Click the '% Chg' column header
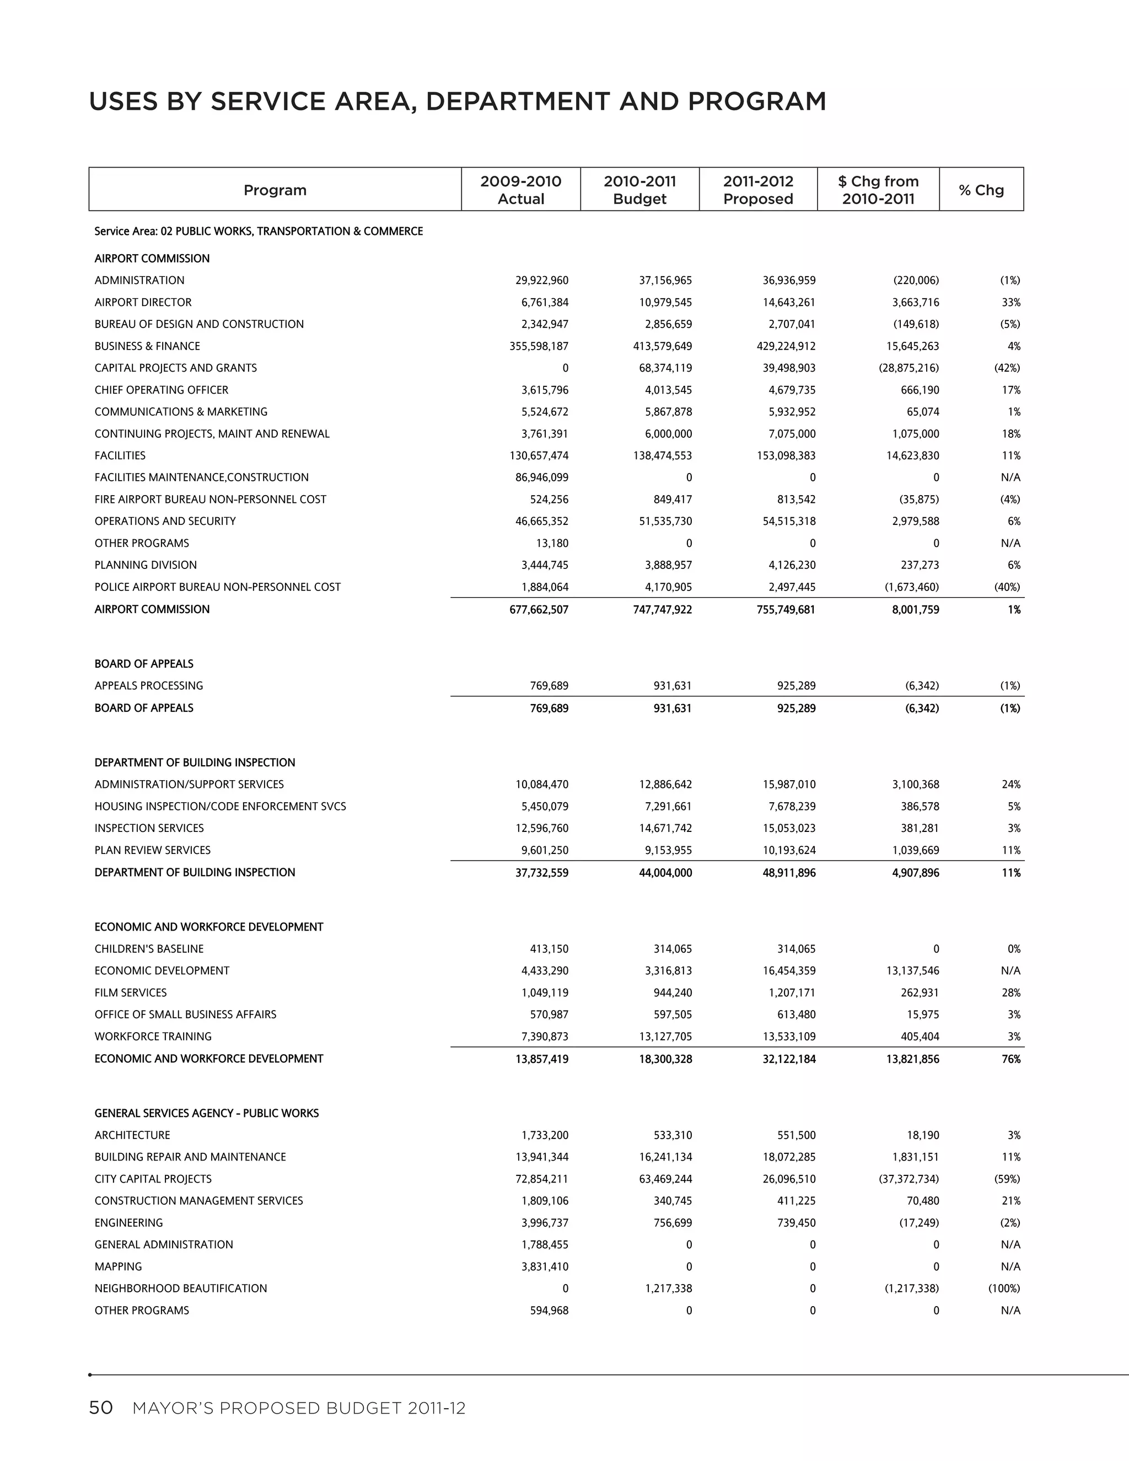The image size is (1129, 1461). coord(981,190)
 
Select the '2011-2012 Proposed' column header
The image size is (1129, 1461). coord(758,190)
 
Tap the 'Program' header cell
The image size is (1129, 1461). coord(275,190)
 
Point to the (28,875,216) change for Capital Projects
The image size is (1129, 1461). coord(908,368)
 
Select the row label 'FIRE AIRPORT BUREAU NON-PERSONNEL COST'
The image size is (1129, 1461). coord(210,499)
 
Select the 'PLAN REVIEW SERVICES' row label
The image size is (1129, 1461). coord(153,850)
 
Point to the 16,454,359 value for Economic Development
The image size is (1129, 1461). coord(787,971)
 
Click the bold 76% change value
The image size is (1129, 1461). coord(1010,1059)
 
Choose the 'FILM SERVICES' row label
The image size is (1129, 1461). coord(131,993)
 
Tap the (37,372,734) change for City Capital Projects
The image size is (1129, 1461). coord(908,1179)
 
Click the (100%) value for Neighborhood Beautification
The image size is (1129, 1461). coord(1003,1288)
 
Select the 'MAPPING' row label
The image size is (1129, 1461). coord(119,1266)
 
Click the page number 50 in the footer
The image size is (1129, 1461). coord(101,1408)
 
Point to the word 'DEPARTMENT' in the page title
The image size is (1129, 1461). coord(518,101)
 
